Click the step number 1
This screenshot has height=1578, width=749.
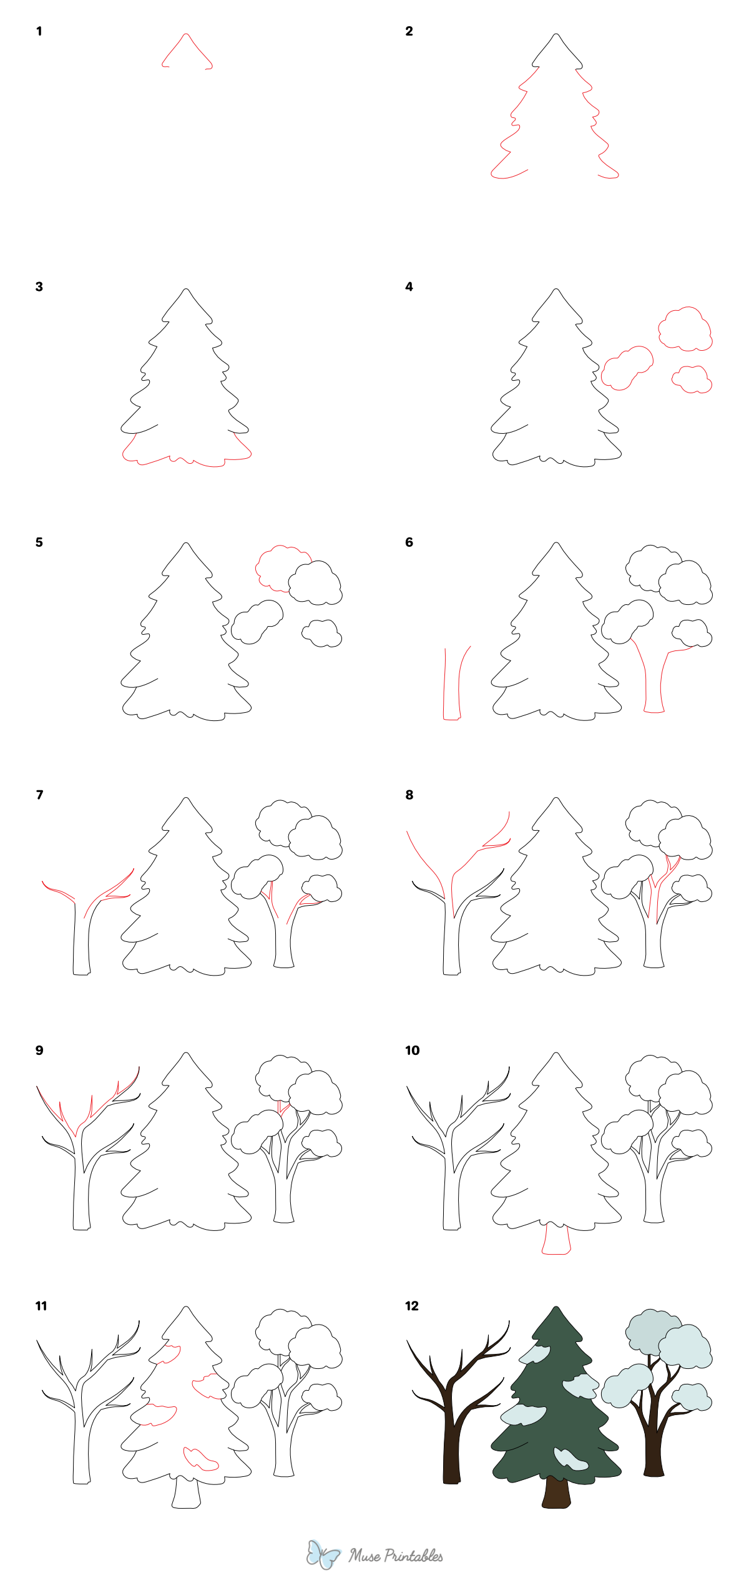(39, 31)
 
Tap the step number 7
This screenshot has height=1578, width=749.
(40, 795)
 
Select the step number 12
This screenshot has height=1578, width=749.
(412, 1306)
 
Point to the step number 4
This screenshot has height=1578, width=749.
(409, 287)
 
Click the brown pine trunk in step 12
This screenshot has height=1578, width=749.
(556, 1492)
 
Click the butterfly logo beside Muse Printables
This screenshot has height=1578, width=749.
(323, 1554)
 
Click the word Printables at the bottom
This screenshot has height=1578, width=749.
(413, 1556)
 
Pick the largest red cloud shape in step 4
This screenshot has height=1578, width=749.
(685, 328)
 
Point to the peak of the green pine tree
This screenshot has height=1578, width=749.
(556, 1310)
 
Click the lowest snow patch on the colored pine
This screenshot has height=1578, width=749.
(570, 1458)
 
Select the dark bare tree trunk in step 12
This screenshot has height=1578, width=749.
(451, 1448)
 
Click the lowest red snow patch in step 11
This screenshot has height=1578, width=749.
(200, 1458)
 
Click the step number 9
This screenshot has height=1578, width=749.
(39, 1051)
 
